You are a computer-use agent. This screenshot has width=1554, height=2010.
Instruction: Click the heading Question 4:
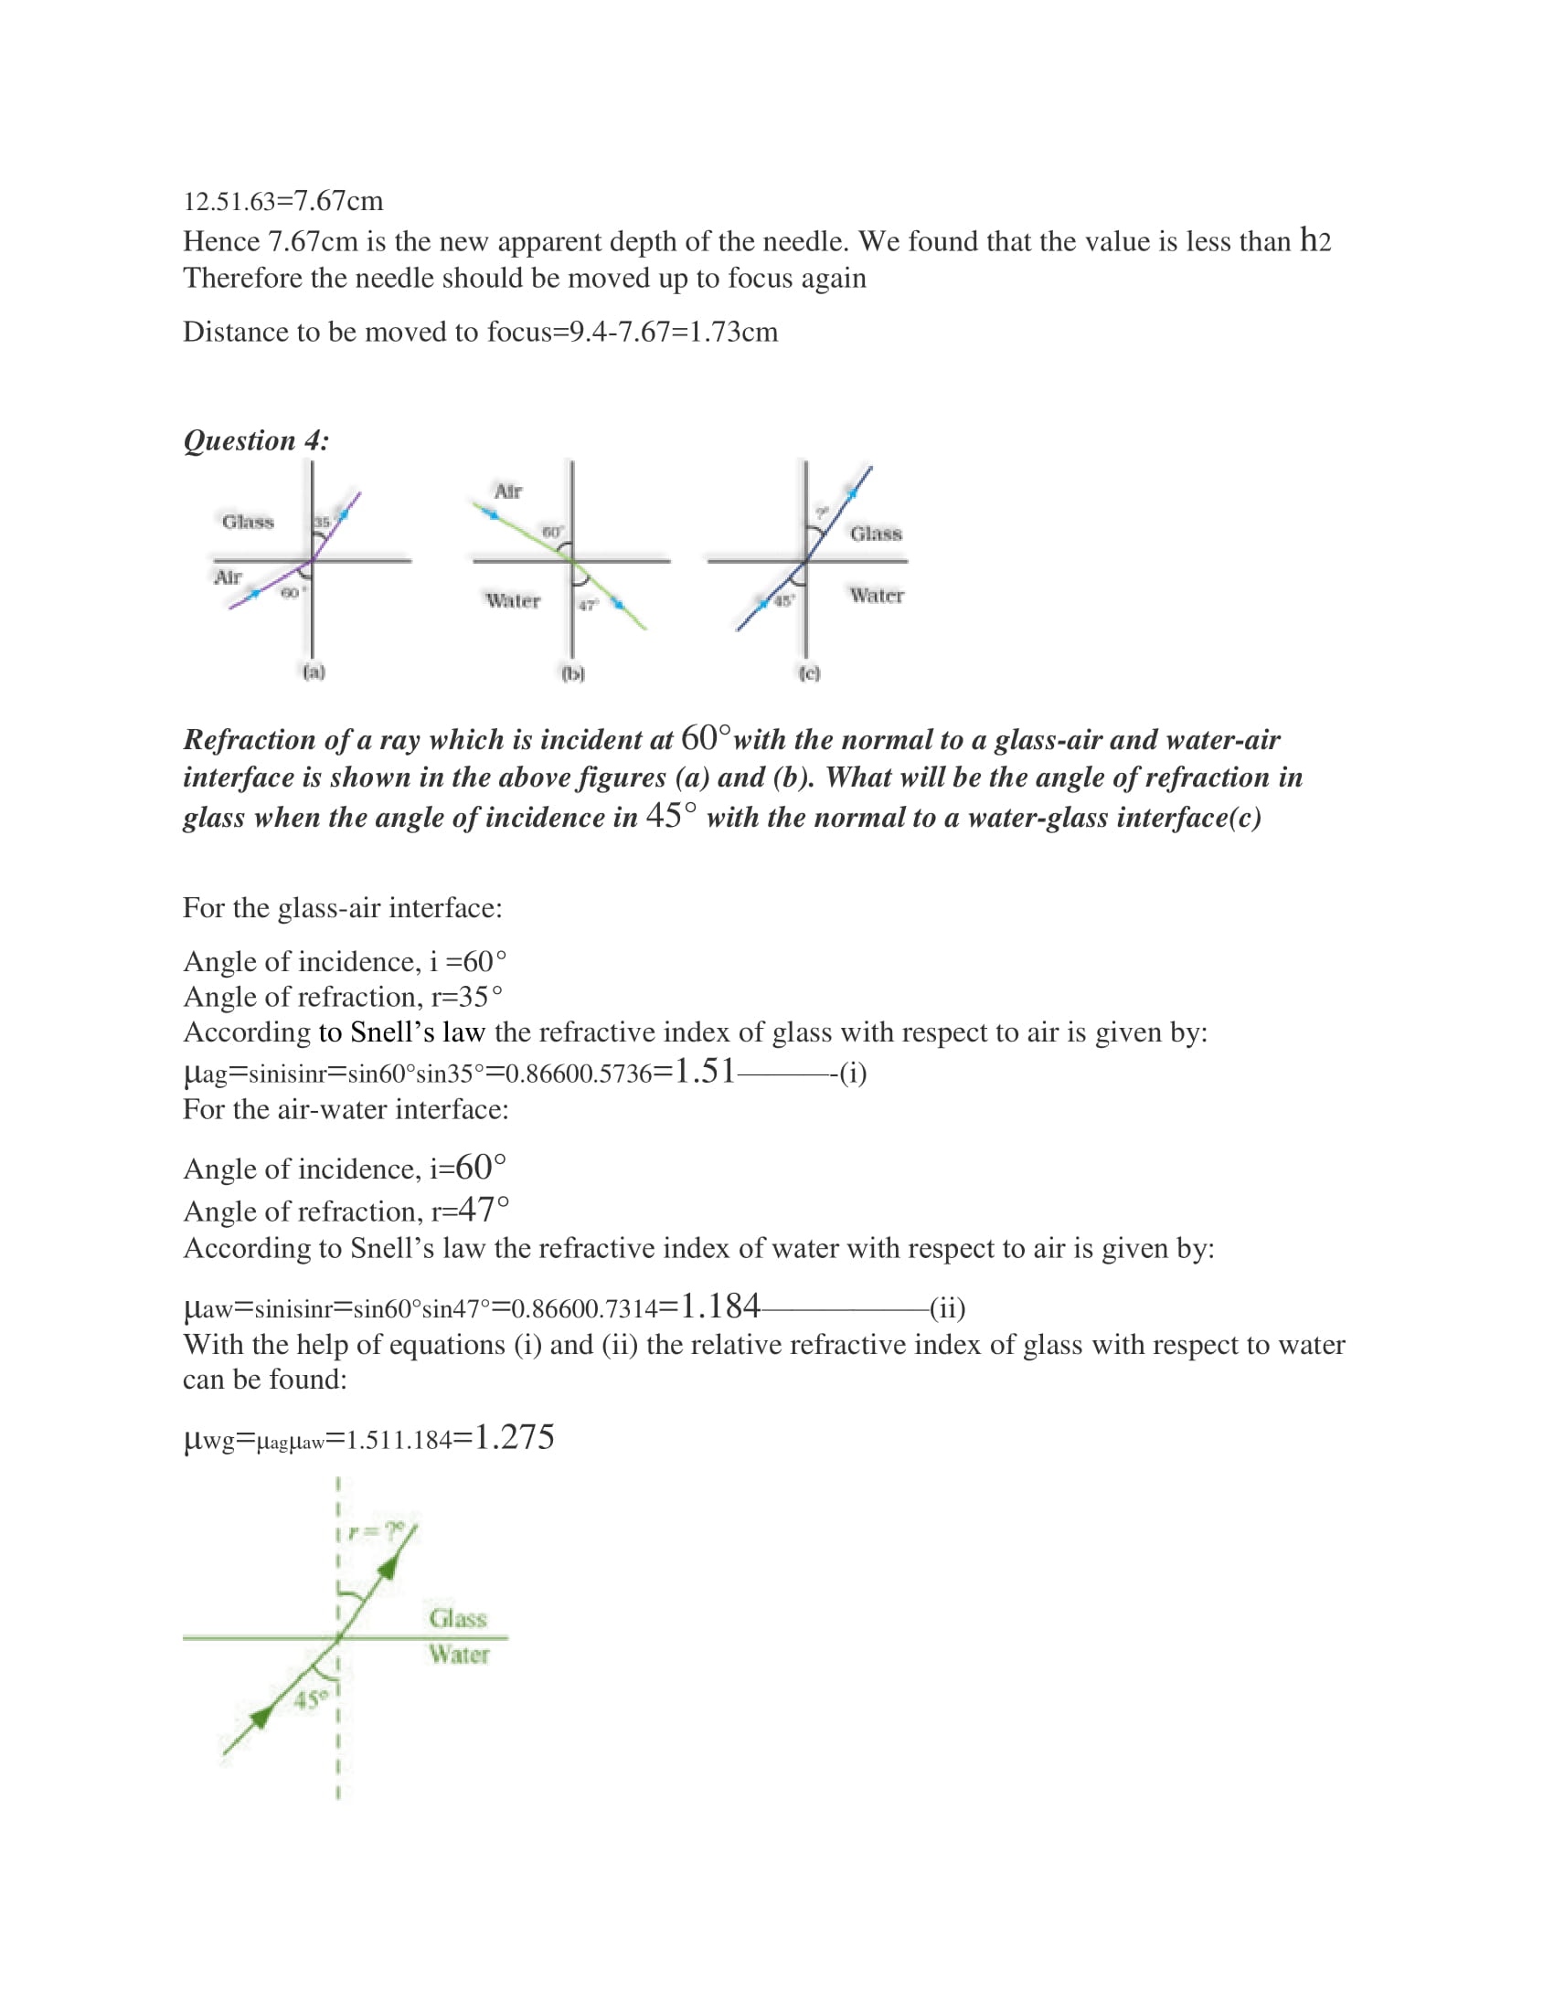pyautogui.click(x=256, y=441)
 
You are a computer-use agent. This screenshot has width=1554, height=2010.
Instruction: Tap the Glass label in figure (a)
pyautogui.click(x=248, y=522)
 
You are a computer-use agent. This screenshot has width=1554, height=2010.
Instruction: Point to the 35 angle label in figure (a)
pyautogui.click(x=321, y=522)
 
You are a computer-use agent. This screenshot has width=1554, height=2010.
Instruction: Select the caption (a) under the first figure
pyautogui.click(x=314, y=672)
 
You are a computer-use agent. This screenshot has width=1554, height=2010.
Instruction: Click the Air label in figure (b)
pyautogui.click(x=508, y=492)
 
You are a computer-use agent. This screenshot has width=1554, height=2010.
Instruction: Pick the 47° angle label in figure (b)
pyautogui.click(x=589, y=605)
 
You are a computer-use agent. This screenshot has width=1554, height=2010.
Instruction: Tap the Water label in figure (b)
pyautogui.click(x=513, y=601)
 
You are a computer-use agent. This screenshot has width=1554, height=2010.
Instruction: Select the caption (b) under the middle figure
pyautogui.click(x=572, y=673)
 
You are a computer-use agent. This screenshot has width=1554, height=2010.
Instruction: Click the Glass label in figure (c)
pyautogui.click(x=876, y=534)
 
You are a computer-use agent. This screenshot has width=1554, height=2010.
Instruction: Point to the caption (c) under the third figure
pyautogui.click(x=809, y=673)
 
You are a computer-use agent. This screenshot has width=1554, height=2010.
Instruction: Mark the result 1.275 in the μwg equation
pyautogui.click(x=514, y=1437)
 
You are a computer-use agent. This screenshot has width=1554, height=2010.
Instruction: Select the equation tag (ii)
pyautogui.click(x=947, y=1307)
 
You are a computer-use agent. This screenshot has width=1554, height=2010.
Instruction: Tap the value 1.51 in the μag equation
pyautogui.click(x=704, y=1072)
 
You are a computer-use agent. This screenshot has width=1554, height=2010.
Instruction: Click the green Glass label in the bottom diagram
pyautogui.click(x=458, y=1618)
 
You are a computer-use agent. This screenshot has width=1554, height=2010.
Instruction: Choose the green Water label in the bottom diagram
pyautogui.click(x=459, y=1654)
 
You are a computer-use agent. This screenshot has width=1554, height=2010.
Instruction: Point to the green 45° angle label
pyautogui.click(x=310, y=1699)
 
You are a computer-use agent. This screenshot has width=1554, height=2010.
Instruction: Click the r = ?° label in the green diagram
pyautogui.click(x=377, y=1530)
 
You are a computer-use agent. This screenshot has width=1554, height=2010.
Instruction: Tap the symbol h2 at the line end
pyautogui.click(x=1315, y=241)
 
